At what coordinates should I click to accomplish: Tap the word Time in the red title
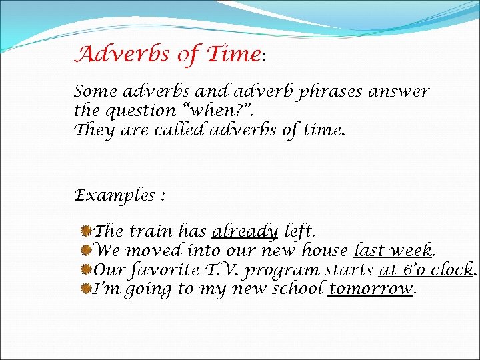pyautogui.click(x=233, y=54)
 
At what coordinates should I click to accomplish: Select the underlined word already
pyautogui.click(x=245, y=231)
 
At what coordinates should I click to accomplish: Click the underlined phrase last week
pyautogui.click(x=393, y=251)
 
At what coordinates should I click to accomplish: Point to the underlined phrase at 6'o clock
pyautogui.click(x=426, y=270)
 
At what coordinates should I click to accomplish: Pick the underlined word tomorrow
pyautogui.click(x=371, y=289)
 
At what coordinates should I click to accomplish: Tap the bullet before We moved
pyautogui.click(x=85, y=251)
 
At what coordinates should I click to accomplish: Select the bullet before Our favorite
pyautogui.click(x=85, y=270)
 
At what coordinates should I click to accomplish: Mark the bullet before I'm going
pyautogui.click(x=85, y=289)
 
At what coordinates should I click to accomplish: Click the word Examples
pyautogui.click(x=113, y=196)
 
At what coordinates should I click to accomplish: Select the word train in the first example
pyautogui.click(x=151, y=231)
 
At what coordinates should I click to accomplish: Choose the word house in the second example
pyautogui.click(x=325, y=251)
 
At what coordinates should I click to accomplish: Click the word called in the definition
pyautogui.click(x=179, y=131)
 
